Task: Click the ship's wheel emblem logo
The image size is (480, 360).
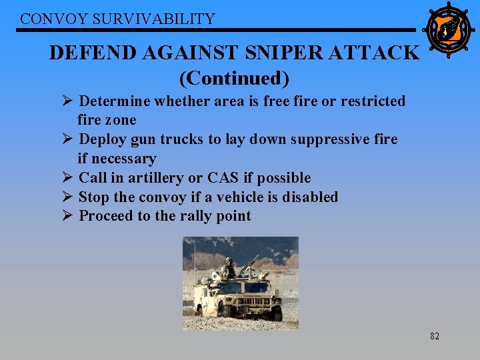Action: (447, 30)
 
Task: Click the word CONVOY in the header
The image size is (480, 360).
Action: (45, 19)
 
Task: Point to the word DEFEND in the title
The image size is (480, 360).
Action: (89, 52)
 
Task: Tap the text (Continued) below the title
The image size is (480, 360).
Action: (234, 78)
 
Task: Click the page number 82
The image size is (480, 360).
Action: (434, 337)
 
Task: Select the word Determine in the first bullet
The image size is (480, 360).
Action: (115, 101)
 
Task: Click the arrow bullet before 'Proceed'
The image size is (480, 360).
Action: (67, 216)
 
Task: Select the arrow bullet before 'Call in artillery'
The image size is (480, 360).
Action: (67, 178)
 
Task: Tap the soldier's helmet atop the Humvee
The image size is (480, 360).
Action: (229, 261)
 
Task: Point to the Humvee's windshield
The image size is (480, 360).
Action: (244, 287)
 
